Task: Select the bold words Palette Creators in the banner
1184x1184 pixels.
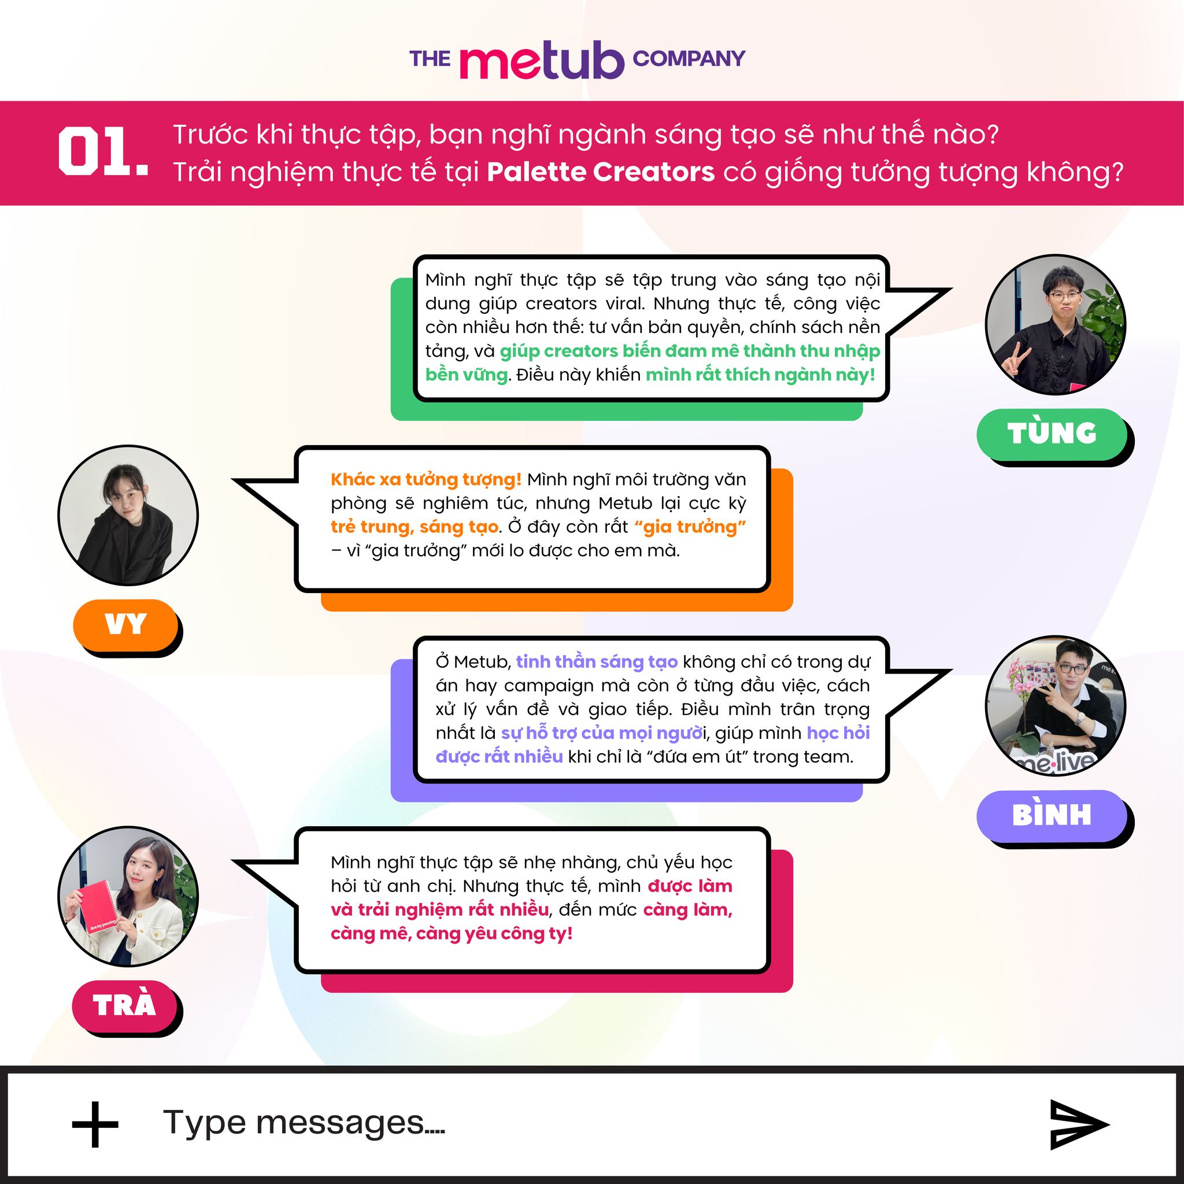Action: point(601,172)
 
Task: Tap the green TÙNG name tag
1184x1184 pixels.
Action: point(1052,432)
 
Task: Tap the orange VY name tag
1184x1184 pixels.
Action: point(125,624)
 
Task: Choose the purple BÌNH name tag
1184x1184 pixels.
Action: point(1052,815)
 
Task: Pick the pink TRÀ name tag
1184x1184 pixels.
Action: point(124,1005)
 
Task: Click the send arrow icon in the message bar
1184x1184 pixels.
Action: point(1079,1124)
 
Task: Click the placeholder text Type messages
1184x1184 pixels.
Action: point(304,1123)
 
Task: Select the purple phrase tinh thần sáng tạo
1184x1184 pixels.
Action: point(597,662)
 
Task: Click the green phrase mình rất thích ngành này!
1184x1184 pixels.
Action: point(761,375)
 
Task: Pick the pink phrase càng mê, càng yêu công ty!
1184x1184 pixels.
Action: point(452,933)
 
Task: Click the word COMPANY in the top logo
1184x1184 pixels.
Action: point(689,59)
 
